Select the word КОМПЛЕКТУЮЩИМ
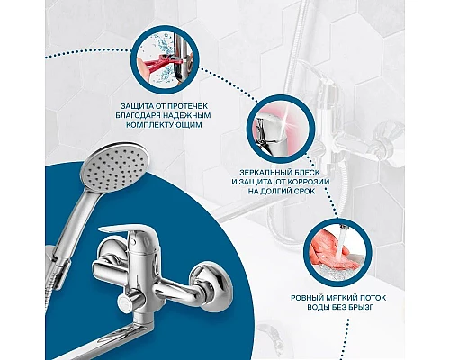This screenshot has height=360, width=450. [x=164, y=125]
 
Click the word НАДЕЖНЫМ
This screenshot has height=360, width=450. [x=187, y=116]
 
